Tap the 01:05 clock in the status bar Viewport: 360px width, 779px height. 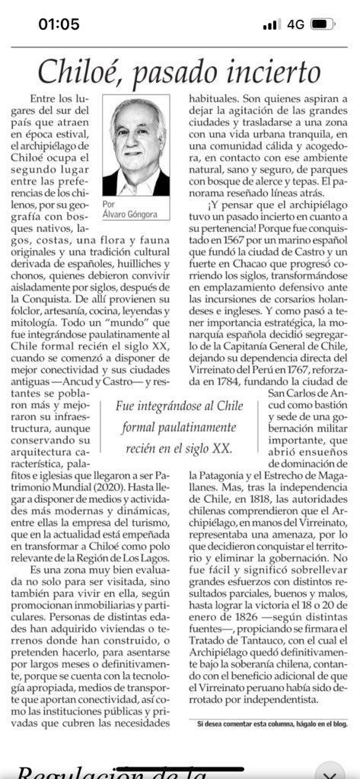59,24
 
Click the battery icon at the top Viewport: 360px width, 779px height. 321,24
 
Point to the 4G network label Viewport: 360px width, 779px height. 295,24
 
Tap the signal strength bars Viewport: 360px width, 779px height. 271,24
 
